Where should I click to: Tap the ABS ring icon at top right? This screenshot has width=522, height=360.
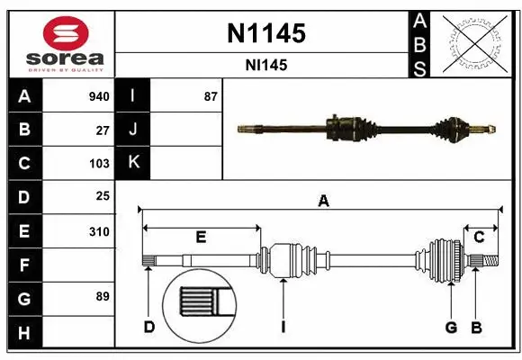coord(478,43)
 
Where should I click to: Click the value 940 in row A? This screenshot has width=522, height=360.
coord(99,96)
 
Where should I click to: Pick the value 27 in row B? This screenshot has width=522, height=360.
coord(103,130)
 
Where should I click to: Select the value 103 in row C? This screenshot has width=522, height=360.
coord(99,164)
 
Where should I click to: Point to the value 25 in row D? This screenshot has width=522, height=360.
coord(103,196)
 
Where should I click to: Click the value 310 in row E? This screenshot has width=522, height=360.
coord(99,231)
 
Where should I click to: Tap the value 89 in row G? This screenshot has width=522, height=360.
coord(103,295)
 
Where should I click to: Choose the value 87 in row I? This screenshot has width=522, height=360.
coord(211,96)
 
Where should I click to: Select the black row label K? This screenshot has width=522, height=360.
coord(133,163)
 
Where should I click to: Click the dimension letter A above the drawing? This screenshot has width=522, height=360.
coord(323,202)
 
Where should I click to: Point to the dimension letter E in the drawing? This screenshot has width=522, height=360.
coord(201,237)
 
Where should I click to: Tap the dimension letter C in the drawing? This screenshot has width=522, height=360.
coord(479,237)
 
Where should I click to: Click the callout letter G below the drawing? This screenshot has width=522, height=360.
coord(451,327)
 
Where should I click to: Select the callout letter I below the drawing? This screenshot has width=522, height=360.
coord(283,327)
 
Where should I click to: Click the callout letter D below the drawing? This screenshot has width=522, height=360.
coord(149,327)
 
